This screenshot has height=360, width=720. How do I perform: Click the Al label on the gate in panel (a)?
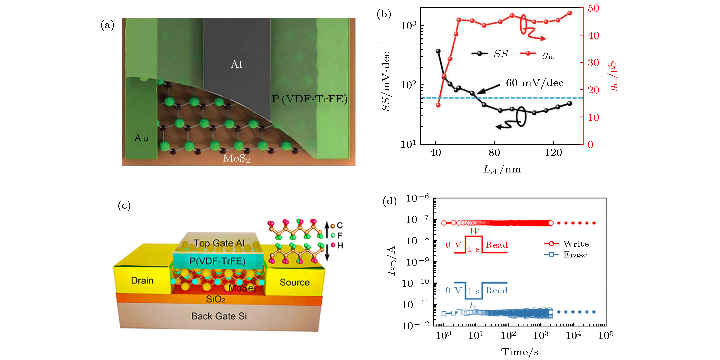pos(236,65)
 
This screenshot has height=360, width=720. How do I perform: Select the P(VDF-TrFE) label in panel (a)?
pos(310,99)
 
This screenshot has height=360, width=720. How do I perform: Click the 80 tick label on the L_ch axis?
pos(494,153)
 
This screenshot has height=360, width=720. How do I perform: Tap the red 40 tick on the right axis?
pos(593,35)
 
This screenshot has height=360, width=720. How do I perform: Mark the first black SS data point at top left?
pos(438,51)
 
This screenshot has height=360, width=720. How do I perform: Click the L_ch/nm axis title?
pos(502,170)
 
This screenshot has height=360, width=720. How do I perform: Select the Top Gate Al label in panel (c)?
pos(219,243)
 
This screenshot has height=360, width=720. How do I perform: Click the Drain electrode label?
pos(142,280)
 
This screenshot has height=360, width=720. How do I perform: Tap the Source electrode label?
pos(295,282)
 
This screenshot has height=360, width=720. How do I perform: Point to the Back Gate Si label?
pos(219,316)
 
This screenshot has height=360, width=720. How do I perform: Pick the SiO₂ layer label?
pos(215,299)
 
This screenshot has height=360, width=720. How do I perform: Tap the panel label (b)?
pos(384,14)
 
